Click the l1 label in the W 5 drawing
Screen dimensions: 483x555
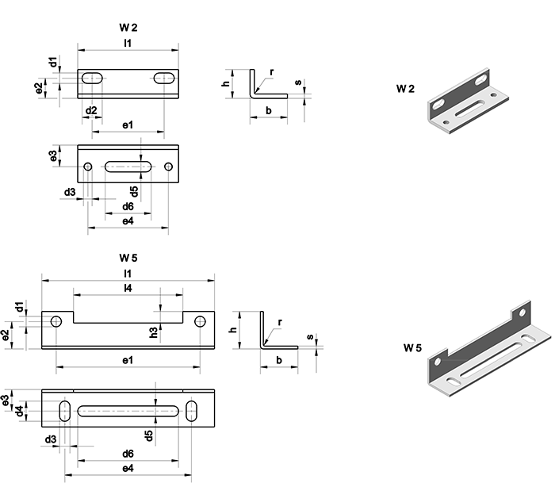(x=128, y=273)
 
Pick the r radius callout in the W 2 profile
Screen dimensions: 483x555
(x=271, y=72)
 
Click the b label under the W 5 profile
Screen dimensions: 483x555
(x=279, y=361)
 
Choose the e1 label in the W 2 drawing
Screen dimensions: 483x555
(x=127, y=125)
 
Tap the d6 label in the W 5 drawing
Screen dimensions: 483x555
(x=127, y=454)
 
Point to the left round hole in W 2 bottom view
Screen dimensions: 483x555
(x=88, y=167)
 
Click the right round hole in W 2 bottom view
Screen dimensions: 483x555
(x=168, y=167)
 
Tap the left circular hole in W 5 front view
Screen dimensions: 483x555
(x=56, y=321)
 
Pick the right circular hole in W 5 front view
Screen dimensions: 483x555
(x=199, y=321)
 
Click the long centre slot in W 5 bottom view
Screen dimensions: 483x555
(x=128, y=410)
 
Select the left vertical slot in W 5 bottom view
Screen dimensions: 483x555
(x=64, y=410)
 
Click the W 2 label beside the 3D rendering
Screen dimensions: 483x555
(x=405, y=89)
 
